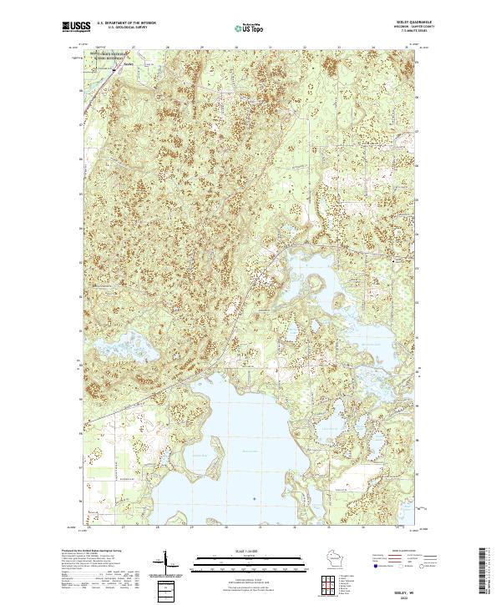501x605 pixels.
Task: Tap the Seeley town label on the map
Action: [x=128, y=63]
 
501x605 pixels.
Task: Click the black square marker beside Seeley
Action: [x=114, y=71]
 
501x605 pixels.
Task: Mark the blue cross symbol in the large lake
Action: [x=254, y=499]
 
